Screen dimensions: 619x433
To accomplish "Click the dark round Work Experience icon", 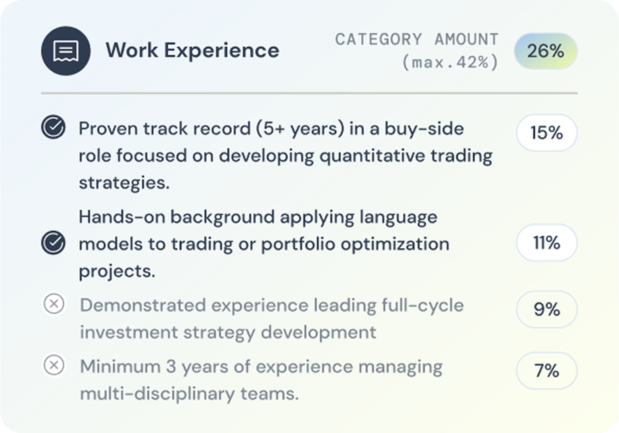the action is click(66, 51).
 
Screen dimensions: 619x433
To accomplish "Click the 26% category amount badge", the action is click(546, 51).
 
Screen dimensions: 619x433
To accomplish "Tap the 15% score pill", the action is click(547, 132).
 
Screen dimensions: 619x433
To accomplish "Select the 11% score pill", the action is click(547, 243).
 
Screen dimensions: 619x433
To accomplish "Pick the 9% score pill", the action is click(547, 309).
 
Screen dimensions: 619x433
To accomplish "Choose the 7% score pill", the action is click(547, 371).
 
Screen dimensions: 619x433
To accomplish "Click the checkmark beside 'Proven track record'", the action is click(53, 127).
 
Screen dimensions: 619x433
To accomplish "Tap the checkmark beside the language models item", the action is click(53, 242).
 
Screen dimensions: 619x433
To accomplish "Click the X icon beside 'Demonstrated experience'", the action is click(54, 304).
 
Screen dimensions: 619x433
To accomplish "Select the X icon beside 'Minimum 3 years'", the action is click(54, 365).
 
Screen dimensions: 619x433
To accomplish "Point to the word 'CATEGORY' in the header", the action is click(379, 39).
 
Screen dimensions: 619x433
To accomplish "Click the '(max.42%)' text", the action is click(450, 62).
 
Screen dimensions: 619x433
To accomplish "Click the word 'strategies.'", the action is click(124, 183).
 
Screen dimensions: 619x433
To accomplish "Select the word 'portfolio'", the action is click(298, 245).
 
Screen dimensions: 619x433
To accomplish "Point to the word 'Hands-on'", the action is click(122, 217).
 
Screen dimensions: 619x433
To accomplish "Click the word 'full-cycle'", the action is click(423, 305).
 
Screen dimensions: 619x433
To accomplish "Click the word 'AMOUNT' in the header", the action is click(467, 39).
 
